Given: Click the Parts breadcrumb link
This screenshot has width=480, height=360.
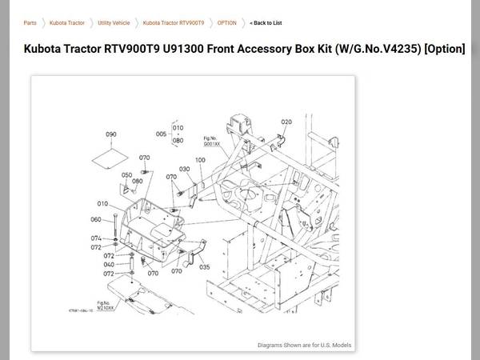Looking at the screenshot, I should pyautogui.click(x=30, y=23).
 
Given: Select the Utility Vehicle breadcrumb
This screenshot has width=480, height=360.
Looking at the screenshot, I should pyautogui.click(x=114, y=23).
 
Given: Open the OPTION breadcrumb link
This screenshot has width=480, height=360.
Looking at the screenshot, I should pyautogui.click(x=226, y=23).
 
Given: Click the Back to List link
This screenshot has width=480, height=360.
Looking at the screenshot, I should pyautogui.click(x=266, y=23).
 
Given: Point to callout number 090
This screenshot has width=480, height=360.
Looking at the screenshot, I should pyautogui.click(x=110, y=134).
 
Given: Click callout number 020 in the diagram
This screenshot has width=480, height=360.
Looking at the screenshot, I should pyautogui.click(x=286, y=122).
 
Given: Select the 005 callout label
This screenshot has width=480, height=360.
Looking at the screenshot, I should pyautogui.click(x=161, y=134).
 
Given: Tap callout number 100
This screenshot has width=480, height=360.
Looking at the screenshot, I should pyautogui.click(x=200, y=160).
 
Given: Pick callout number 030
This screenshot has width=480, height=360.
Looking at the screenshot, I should pyautogui.click(x=184, y=169).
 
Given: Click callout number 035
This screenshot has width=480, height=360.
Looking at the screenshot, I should pyautogui.click(x=205, y=267).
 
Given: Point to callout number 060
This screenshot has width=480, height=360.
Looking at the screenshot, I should pyautogui.click(x=96, y=219).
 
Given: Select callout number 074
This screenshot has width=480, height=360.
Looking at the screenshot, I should pyautogui.click(x=96, y=238).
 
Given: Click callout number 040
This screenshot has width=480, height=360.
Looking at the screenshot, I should pyautogui.click(x=109, y=264).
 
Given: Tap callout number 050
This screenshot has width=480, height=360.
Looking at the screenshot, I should pyautogui.click(x=126, y=174).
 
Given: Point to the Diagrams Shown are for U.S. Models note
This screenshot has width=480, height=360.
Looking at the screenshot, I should pyautogui.click(x=305, y=345).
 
